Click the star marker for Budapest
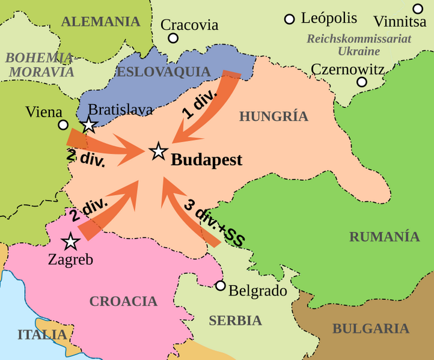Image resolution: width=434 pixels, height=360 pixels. coord(159,151)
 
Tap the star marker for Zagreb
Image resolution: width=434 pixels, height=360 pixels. coord(71,242)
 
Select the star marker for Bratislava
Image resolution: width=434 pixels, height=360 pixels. coord(89,125)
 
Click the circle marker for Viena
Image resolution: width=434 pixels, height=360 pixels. coord(63,125)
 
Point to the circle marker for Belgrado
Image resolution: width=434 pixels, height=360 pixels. coord(221,285)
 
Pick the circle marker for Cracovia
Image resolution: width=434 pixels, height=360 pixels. coord(173,38)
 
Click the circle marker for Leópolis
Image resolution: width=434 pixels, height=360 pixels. coord(290,19)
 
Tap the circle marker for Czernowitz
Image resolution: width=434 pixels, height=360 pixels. coord(361,82)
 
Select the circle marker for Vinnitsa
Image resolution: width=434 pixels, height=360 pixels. coord(418,8)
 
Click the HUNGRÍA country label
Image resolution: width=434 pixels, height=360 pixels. coord(274,117)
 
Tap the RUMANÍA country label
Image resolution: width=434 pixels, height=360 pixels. coord(384,236)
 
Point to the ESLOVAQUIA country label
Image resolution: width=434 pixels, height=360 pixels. coord(164,72)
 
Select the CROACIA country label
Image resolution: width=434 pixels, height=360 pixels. coord(123,301)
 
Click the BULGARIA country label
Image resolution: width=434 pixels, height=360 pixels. coord(370,329)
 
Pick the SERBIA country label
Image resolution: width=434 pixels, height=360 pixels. coord(235,320)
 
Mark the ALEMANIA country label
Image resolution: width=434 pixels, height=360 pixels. coord(100,22)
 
